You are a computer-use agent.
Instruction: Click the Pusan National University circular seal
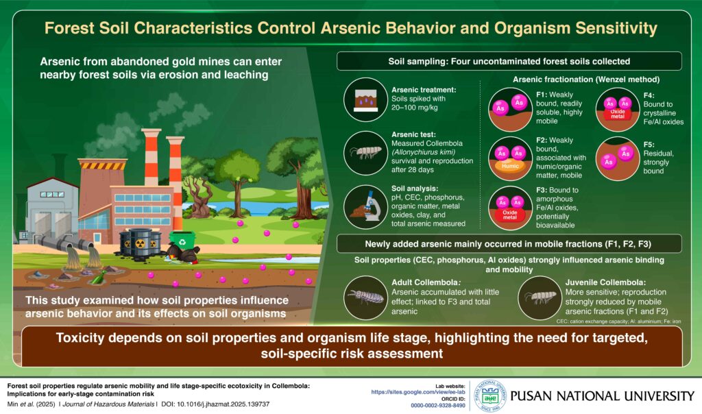(489, 395)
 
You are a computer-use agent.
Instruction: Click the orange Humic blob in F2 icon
(509, 165)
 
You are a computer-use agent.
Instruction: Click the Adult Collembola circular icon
(363, 297)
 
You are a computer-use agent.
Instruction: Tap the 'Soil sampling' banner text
(508, 62)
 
